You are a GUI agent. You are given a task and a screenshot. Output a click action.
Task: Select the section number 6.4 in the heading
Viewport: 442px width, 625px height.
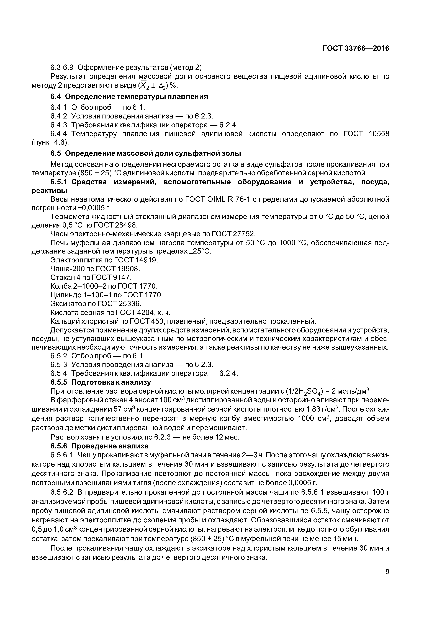click(x=56, y=97)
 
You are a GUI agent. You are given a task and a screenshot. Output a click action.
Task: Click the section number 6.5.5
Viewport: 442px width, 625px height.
click(x=59, y=382)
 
